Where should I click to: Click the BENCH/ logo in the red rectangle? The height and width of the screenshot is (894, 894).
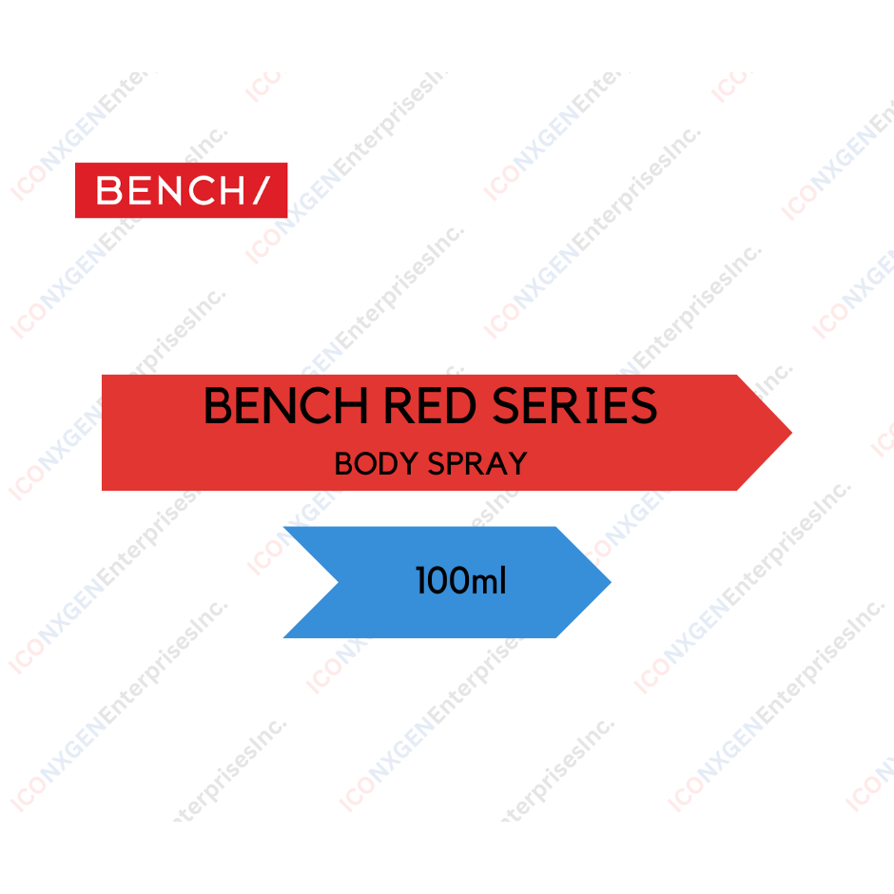click(x=181, y=190)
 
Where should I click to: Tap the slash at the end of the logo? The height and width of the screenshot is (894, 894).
click(x=259, y=190)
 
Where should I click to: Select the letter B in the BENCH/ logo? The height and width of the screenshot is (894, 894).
click(x=109, y=190)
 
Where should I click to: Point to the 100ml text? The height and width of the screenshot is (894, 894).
click(x=460, y=580)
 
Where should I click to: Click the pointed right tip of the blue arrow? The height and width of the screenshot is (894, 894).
click(x=609, y=582)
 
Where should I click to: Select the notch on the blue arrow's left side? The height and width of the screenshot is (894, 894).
click(x=337, y=582)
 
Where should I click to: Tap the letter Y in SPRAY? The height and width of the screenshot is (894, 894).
click(x=516, y=464)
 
